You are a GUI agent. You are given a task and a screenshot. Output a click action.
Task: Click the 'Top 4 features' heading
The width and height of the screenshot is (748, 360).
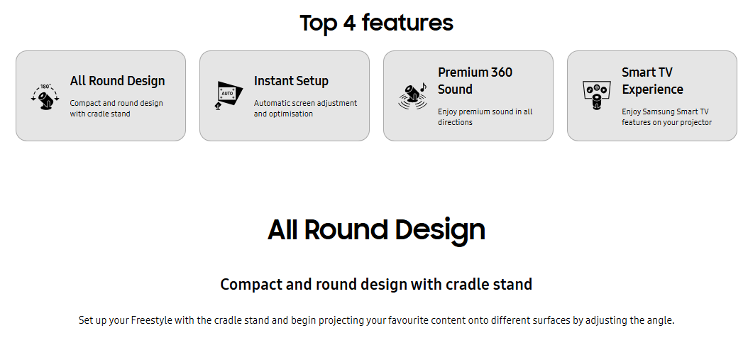pos(376,23)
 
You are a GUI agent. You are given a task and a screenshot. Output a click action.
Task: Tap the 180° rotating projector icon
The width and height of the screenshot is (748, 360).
pos(45,97)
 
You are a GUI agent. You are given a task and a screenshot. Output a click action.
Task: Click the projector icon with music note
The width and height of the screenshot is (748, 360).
pos(412,96)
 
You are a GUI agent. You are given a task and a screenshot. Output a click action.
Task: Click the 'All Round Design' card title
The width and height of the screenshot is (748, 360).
pos(117,81)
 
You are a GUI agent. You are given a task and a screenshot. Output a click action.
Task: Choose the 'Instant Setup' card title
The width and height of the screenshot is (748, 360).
pos(291,81)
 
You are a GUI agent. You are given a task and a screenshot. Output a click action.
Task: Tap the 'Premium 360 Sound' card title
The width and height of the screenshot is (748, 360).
pos(475,81)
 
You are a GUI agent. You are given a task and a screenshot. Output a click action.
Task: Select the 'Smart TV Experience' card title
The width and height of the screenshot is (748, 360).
pos(652,81)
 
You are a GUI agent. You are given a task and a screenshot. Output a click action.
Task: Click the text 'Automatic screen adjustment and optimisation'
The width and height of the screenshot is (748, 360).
pos(305,109)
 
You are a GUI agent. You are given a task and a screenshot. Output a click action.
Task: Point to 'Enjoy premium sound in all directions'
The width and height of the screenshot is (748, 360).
pos(485,117)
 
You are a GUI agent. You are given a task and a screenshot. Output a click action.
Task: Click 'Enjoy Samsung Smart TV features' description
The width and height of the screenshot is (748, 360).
pos(666,117)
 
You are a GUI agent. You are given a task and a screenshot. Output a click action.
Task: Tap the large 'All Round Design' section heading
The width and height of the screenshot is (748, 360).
pos(376,229)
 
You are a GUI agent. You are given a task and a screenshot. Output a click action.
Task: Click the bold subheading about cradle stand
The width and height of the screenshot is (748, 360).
pos(376,284)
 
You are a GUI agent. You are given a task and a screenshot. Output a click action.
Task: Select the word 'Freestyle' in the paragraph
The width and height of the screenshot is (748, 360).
pos(152,320)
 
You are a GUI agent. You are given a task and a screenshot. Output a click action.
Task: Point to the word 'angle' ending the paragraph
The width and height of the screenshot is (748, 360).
pos(660,321)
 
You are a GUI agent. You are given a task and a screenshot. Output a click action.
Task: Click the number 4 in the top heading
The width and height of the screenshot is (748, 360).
pos(349,23)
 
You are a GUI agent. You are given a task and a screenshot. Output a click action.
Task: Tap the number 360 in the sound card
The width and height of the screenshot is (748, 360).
pos(500,72)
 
